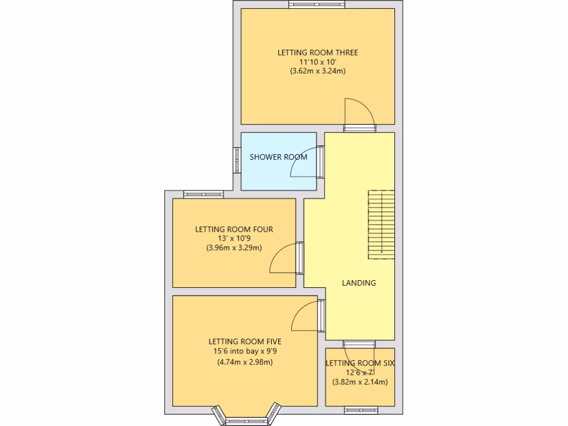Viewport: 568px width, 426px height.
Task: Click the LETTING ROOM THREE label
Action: [317, 53]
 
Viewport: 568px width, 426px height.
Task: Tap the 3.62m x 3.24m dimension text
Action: [317, 71]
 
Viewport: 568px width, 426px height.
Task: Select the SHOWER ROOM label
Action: [278, 157]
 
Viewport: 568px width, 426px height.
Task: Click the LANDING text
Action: [358, 283]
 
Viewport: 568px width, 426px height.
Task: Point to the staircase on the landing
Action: [381, 224]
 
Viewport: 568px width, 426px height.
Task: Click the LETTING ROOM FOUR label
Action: [234, 229]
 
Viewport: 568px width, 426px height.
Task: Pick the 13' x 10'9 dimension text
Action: [234, 239]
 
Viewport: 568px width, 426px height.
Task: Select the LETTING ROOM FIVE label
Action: [244, 342]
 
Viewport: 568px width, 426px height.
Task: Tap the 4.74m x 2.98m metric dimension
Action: [244, 363]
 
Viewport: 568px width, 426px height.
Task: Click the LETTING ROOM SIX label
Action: [359, 363]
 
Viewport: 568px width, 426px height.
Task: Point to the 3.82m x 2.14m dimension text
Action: [359, 382]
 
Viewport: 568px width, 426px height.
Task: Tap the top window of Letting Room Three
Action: [317, 5]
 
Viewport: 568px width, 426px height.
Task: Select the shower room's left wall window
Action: [236, 161]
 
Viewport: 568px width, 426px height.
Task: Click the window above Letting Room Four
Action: [203, 194]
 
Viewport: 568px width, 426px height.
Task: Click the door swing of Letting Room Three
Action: [358, 113]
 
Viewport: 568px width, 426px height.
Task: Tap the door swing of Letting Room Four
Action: [283, 260]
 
